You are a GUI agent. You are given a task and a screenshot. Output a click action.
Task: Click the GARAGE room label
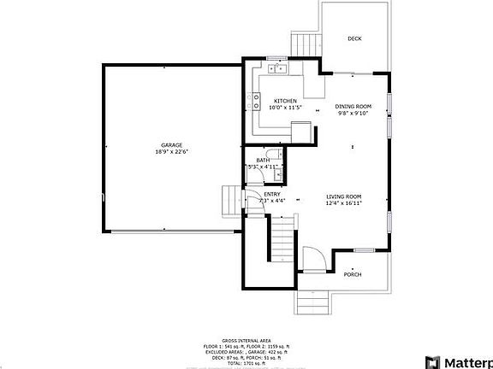click(x=171, y=144)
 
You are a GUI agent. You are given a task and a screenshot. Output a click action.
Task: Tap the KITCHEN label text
click(x=285, y=100)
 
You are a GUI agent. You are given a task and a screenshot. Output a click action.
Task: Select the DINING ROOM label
click(x=353, y=106)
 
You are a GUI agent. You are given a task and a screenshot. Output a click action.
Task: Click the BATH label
click(x=263, y=160)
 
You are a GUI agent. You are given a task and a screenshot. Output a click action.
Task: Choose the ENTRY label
click(x=272, y=194)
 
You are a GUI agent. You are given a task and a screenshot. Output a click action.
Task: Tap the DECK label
click(x=353, y=38)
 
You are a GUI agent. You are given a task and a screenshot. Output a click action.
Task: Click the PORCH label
click(x=352, y=274)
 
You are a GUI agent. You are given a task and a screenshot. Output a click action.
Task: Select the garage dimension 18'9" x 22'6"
click(x=171, y=152)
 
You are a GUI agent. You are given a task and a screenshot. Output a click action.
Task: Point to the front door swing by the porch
click(x=314, y=260)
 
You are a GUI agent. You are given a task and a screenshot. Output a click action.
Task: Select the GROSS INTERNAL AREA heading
click(x=246, y=339)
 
